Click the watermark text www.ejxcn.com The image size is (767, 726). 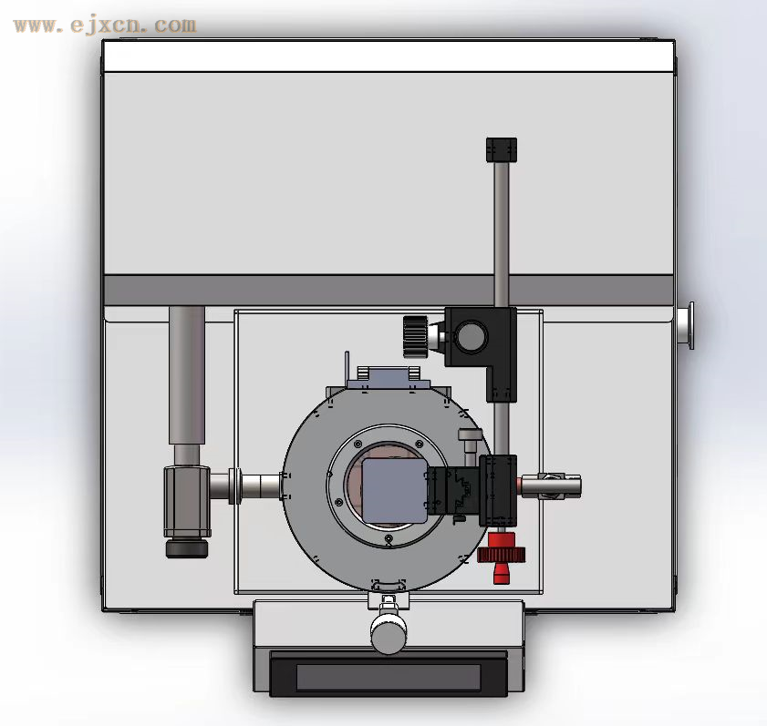pyautogui.click(x=105, y=26)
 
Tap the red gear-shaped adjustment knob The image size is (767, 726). pyautogui.click(x=502, y=554)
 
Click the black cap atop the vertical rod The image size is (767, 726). pyautogui.click(x=502, y=149)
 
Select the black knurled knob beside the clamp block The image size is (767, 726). pyautogui.click(x=415, y=337)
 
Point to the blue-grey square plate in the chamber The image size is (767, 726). pyautogui.click(x=394, y=490)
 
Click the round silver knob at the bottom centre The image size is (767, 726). pyautogui.click(x=389, y=633)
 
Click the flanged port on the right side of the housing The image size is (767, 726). pyautogui.click(x=684, y=326)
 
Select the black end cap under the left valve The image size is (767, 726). pyautogui.click(x=187, y=548)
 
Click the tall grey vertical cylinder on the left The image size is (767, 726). pyautogui.click(x=187, y=374)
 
